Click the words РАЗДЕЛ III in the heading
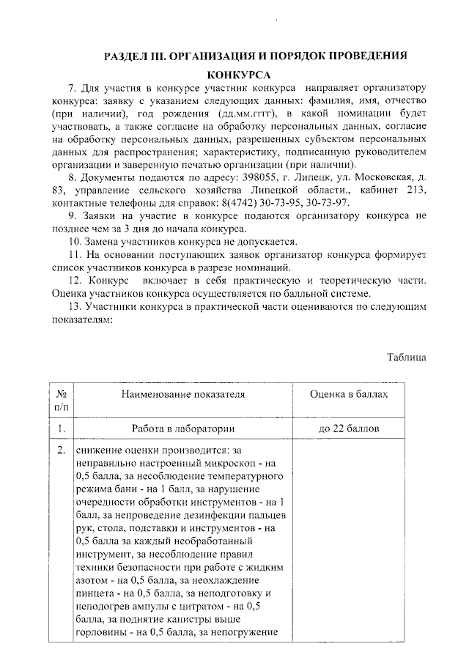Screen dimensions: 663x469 coord(134,56)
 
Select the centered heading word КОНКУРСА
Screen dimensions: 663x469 coord(239,75)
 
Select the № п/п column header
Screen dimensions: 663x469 coord(62,400)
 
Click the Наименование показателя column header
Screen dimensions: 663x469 coord(183,394)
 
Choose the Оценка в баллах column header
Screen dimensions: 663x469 coord(348,394)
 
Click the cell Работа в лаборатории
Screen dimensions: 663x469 coord(183,429)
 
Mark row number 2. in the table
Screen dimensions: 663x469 coord(62,450)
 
